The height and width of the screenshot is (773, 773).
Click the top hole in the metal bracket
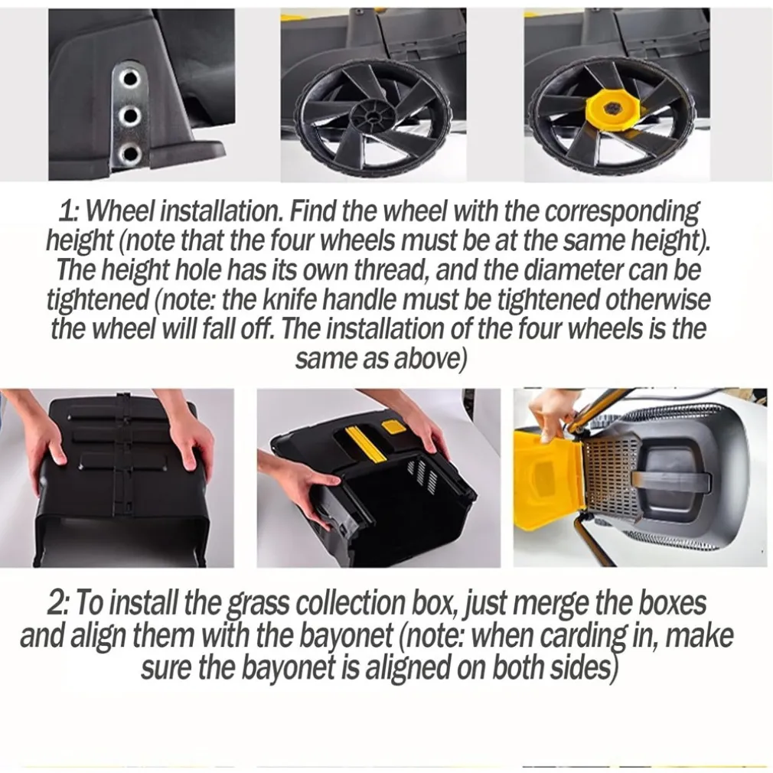tap(131, 78)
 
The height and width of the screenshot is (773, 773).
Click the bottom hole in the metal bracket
tap(131, 152)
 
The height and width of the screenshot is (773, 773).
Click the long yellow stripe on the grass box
tap(366, 444)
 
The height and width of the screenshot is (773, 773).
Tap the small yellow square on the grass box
tap(394, 426)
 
